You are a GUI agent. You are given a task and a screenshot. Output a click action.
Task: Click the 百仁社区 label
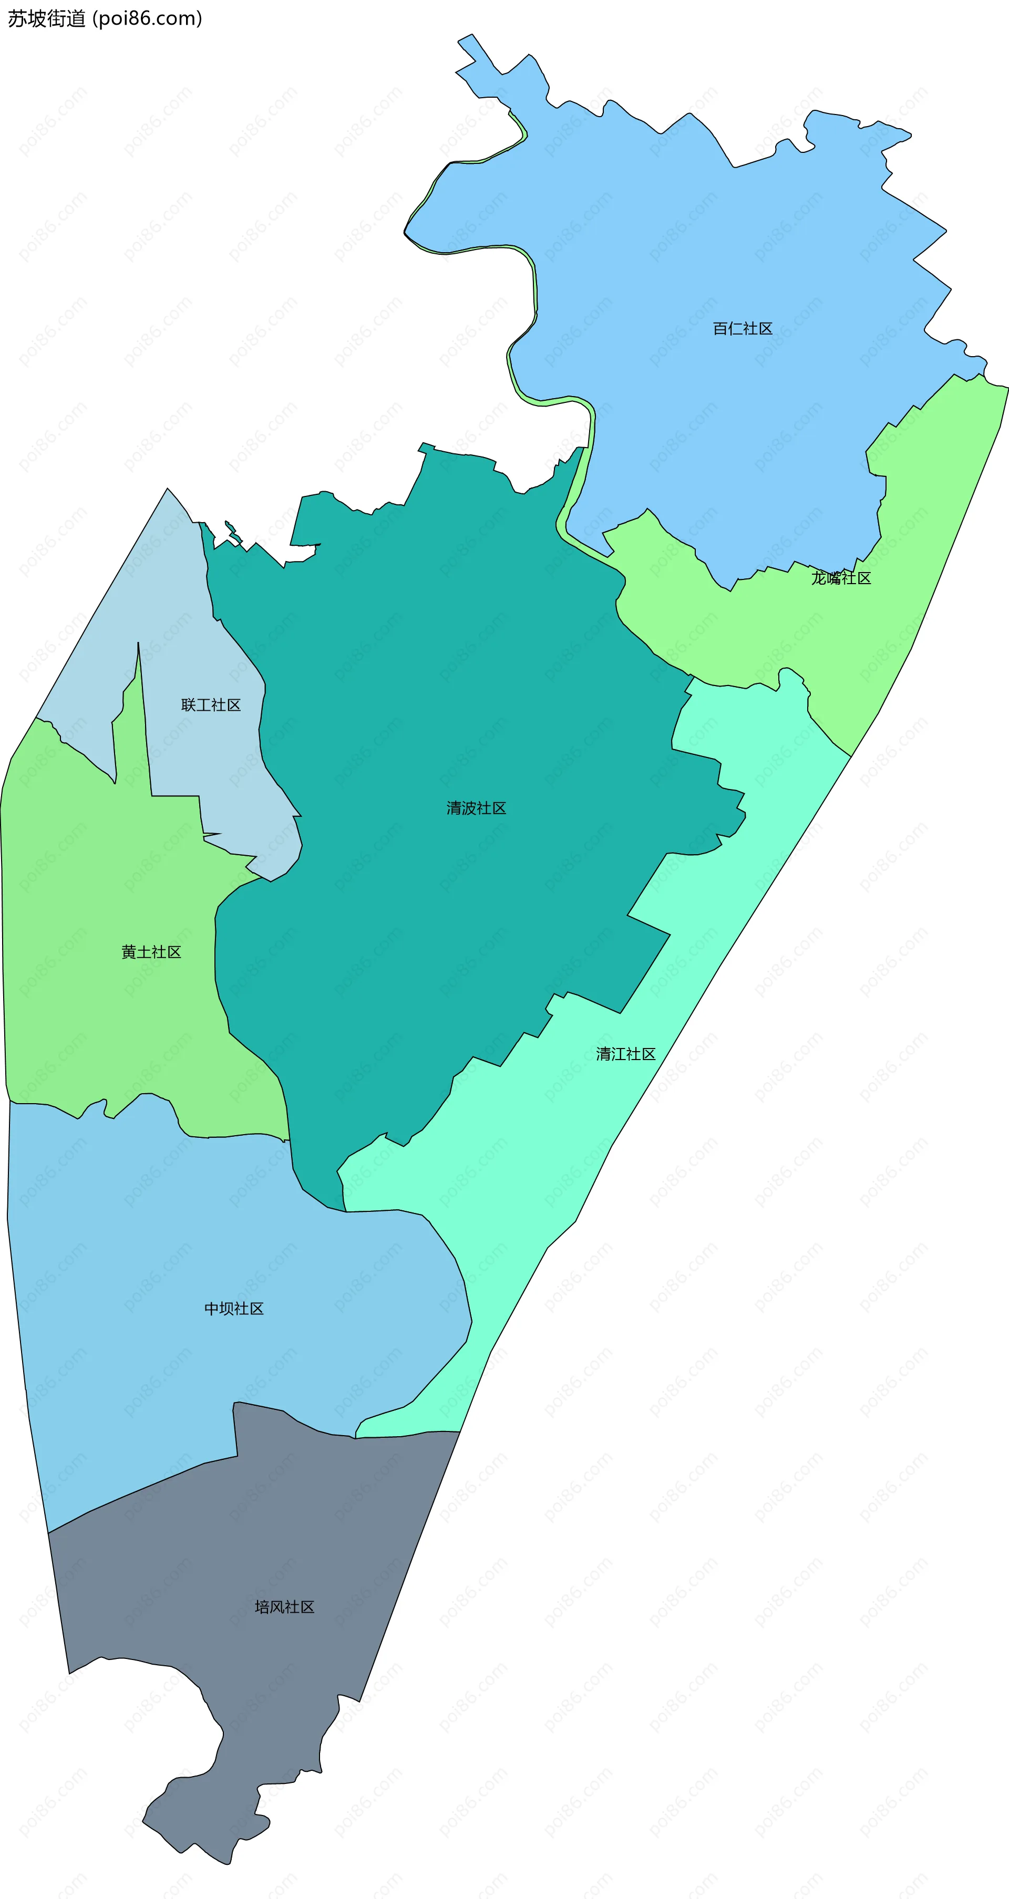click(742, 329)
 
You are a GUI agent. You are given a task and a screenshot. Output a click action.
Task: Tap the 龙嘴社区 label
click(841, 578)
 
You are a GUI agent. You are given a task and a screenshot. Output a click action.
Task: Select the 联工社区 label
click(211, 705)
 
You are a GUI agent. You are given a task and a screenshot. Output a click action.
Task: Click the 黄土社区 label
click(151, 952)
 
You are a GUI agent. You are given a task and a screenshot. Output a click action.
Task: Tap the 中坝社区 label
click(234, 1309)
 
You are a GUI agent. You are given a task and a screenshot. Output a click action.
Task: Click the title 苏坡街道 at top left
click(46, 18)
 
